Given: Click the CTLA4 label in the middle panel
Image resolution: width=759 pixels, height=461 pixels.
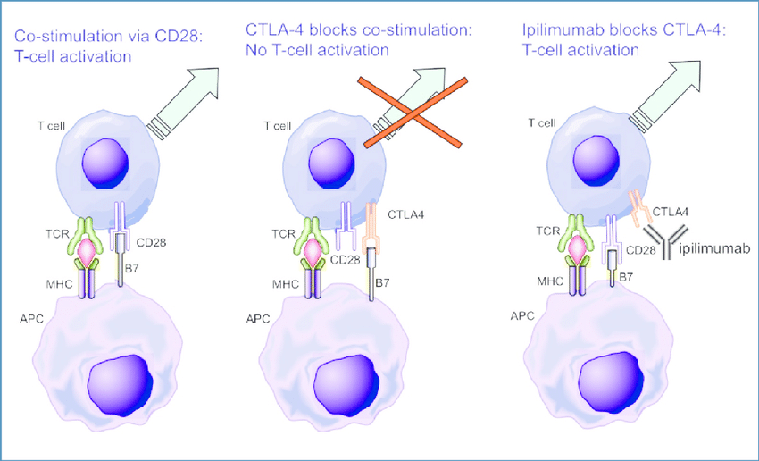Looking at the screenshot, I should (410, 214).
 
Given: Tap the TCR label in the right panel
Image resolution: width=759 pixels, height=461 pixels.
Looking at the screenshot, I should (549, 230).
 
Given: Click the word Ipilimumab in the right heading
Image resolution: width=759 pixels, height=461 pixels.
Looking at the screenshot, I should (560, 31).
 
